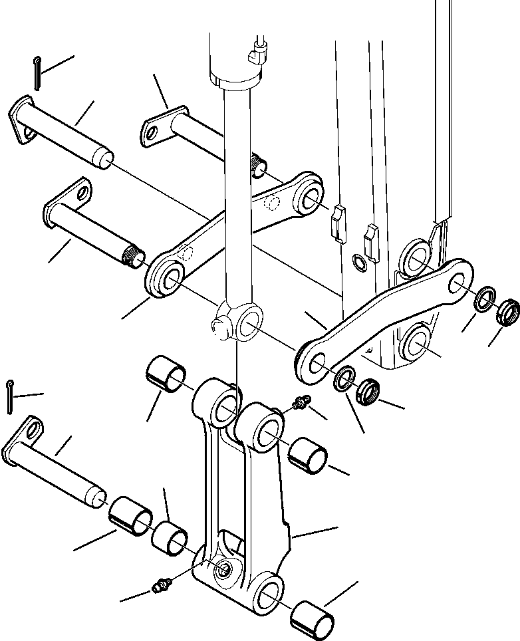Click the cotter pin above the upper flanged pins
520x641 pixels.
37,73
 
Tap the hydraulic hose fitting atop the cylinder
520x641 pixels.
258,51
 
